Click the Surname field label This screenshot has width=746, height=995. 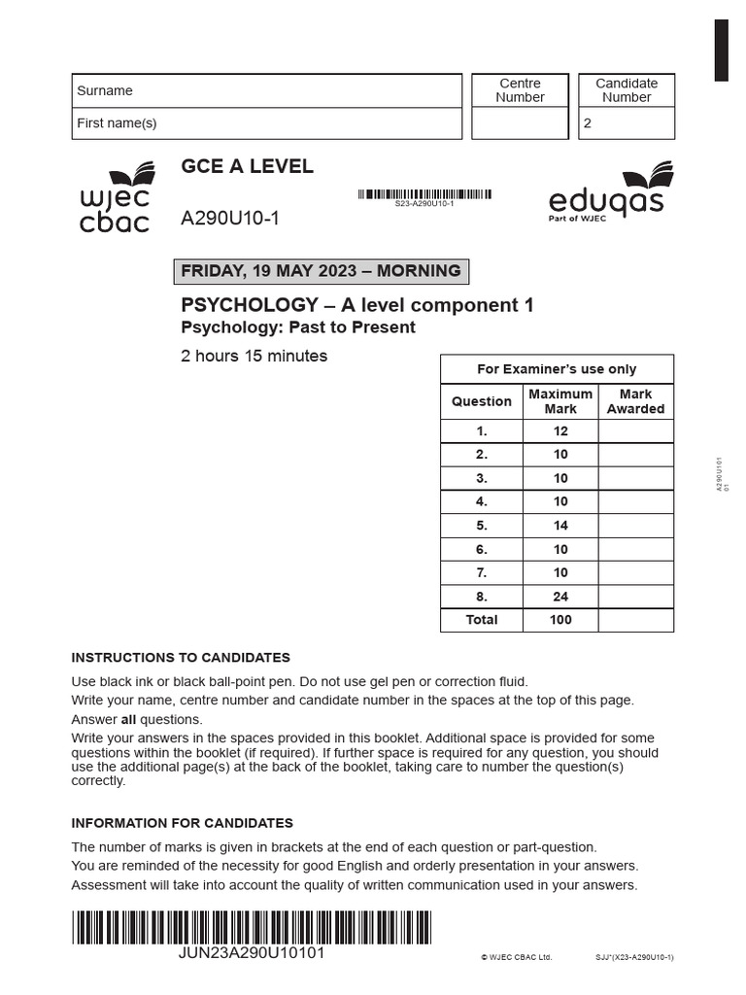tap(105, 90)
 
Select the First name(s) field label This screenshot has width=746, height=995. tap(117, 122)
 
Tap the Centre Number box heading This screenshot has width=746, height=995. tap(520, 90)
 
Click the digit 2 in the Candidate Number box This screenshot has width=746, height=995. tap(587, 123)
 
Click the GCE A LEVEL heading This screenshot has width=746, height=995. tap(247, 166)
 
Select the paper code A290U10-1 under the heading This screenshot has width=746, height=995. tap(230, 219)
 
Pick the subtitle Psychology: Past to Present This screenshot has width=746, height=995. tap(298, 327)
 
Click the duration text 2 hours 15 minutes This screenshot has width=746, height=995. tap(254, 356)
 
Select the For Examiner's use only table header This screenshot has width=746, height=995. tap(557, 369)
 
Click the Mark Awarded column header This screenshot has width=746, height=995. tap(635, 401)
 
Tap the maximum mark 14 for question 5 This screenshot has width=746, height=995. tap(560, 526)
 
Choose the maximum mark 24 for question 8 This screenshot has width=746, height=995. tap(560, 597)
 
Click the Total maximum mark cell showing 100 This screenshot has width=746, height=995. tap(560, 620)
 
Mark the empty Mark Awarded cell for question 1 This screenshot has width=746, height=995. tap(635, 431)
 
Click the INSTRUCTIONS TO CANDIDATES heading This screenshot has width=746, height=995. tap(181, 658)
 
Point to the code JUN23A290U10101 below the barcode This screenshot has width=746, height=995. tap(253, 953)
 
